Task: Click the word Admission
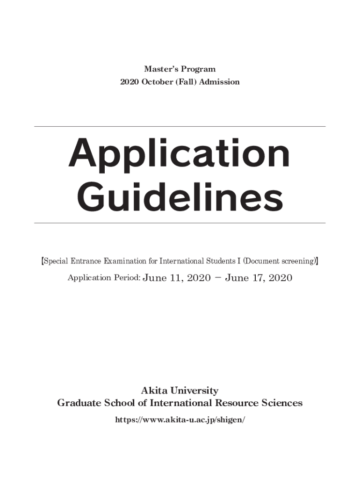[x=220, y=82]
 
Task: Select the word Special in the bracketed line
[x=56, y=261]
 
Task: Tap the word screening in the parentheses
[x=298, y=261]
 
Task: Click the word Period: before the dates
[x=124, y=278]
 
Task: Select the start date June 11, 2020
[x=177, y=278]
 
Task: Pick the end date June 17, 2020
[x=259, y=278]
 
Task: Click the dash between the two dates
[x=218, y=278]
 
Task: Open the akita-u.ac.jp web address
[x=180, y=420]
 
